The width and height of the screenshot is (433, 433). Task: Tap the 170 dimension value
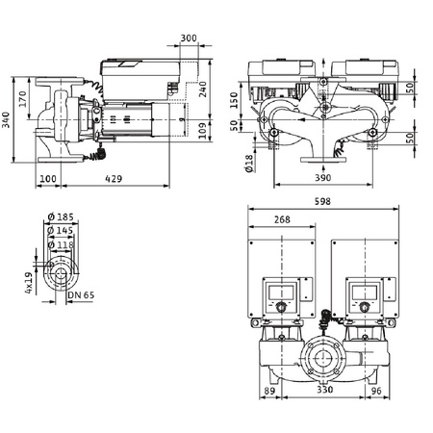22,96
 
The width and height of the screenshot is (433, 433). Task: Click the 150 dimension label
234,101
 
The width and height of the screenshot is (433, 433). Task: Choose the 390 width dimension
325,180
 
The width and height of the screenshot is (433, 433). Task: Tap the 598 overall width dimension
331,202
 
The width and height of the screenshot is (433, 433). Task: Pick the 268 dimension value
283,219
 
